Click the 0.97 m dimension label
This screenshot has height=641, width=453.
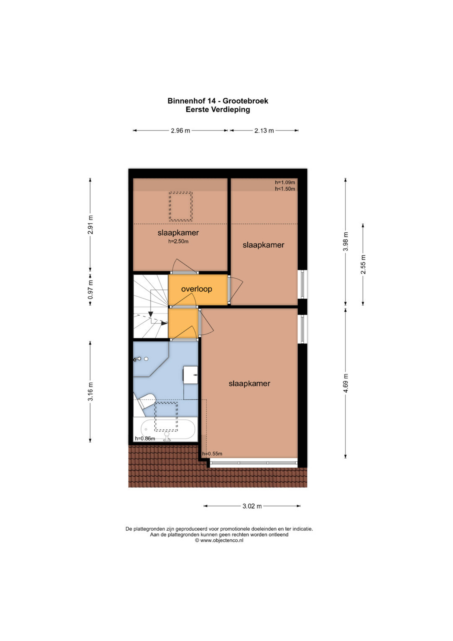(90, 290)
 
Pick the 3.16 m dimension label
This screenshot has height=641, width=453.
(90, 392)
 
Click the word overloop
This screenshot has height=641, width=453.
(197, 289)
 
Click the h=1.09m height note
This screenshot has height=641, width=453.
(285, 182)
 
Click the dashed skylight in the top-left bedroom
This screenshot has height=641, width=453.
(180, 206)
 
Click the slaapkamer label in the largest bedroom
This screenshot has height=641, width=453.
(249, 384)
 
